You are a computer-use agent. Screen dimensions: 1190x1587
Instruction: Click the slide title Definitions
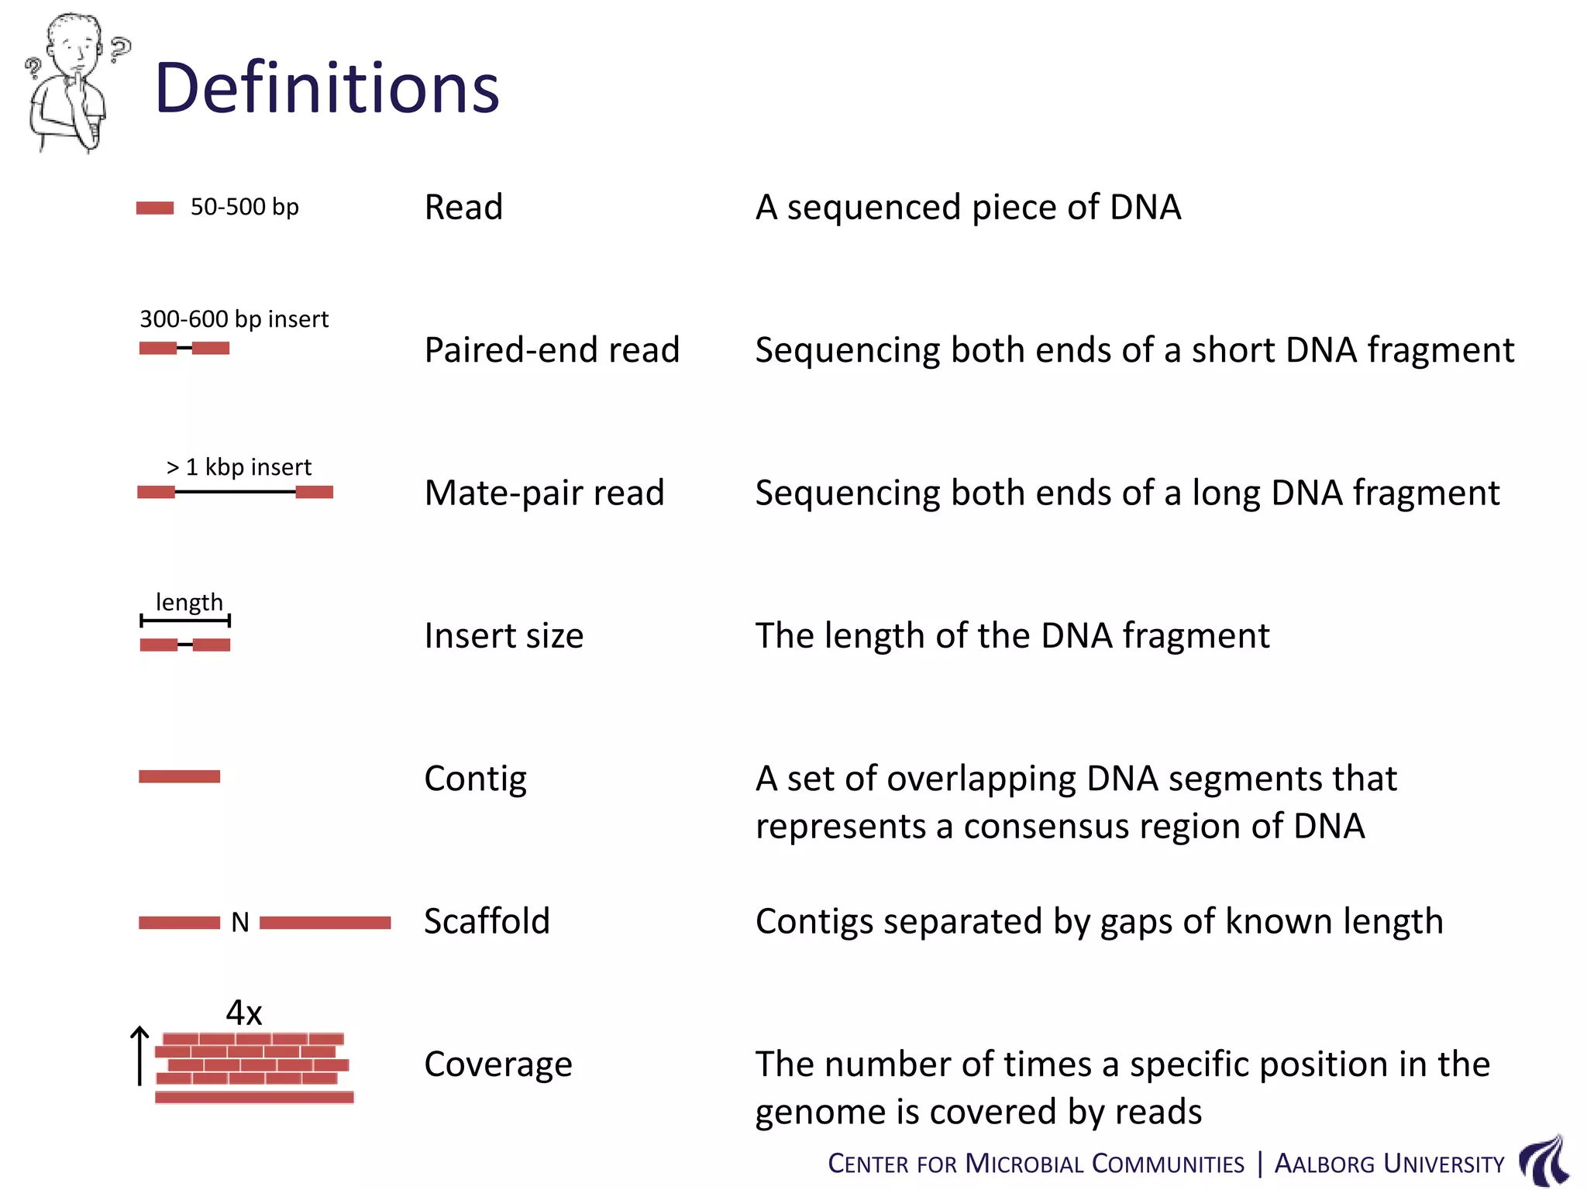coord(326,88)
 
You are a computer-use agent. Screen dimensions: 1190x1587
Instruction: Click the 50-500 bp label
coord(244,207)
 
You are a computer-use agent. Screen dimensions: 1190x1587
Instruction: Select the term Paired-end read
coord(552,349)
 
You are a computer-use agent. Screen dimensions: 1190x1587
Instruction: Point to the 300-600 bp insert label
coord(233,318)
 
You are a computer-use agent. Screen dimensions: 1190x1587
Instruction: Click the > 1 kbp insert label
coord(239,466)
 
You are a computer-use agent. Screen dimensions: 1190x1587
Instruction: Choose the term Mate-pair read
coord(544,493)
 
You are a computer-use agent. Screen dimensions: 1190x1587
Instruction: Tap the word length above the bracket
coord(189,602)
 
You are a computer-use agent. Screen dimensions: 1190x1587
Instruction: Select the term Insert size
coord(504,635)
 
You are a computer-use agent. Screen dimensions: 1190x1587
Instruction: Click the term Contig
coord(475,779)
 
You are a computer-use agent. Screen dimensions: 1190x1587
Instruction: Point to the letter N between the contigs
coord(240,922)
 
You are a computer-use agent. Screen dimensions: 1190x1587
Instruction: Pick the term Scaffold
coord(487,921)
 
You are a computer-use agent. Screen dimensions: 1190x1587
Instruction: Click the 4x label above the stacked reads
coord(244,1013)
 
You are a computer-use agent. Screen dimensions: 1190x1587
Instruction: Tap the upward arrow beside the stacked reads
coord(139,1055)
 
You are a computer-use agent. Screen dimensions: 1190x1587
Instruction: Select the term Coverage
coord(497,1064)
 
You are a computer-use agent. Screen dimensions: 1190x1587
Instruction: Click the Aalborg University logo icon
coord(1544,1160)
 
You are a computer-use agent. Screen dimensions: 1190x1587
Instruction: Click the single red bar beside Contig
coord(179,776)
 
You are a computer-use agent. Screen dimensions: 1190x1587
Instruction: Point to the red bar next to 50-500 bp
coord(155,208)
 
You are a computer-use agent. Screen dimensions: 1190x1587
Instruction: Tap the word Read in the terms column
coord(463,207)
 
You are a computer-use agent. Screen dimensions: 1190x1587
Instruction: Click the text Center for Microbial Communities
coord(1035,1164)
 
